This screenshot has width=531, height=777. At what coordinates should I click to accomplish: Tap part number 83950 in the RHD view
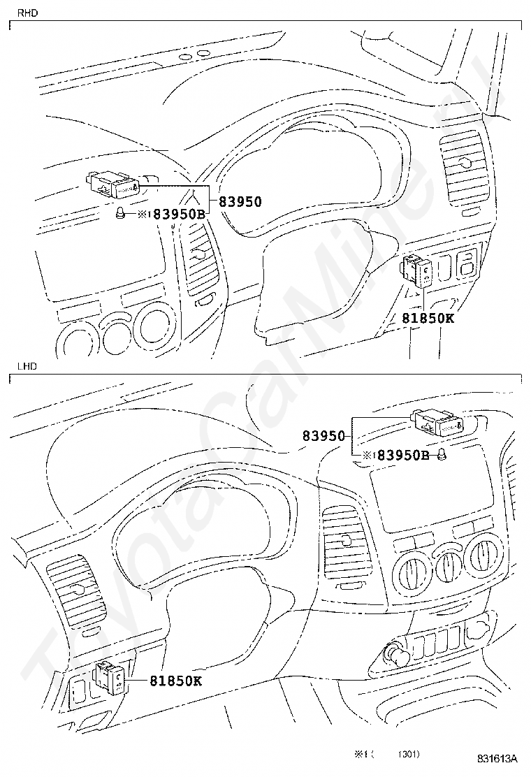click(240, 202)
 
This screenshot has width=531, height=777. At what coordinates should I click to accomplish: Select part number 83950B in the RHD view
click(179, 215)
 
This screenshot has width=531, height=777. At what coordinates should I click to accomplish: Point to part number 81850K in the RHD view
click(428, 318)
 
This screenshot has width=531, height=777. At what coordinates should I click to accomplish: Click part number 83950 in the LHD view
click(324, 435)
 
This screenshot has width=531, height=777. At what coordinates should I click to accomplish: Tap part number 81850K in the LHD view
click(175, 680)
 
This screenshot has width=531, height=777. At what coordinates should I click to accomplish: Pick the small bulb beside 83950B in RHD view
click(121, 214)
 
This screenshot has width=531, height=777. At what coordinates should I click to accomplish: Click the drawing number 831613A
click(497, 758)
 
